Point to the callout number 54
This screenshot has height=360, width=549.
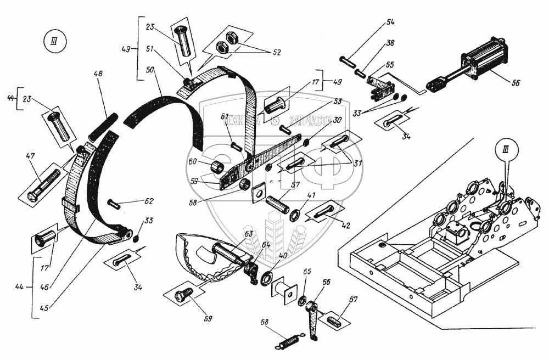tap(391, 23)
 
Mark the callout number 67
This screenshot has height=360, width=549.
tap(352, 299)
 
